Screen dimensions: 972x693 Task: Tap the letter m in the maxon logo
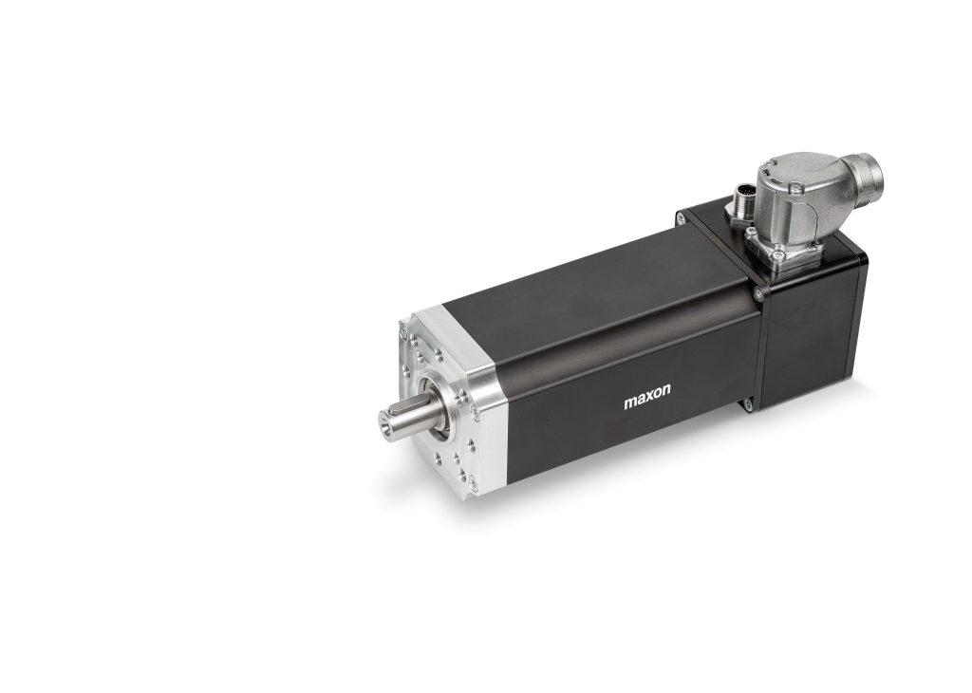(x=630, y=403)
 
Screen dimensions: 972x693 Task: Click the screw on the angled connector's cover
(x=796, y=199)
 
